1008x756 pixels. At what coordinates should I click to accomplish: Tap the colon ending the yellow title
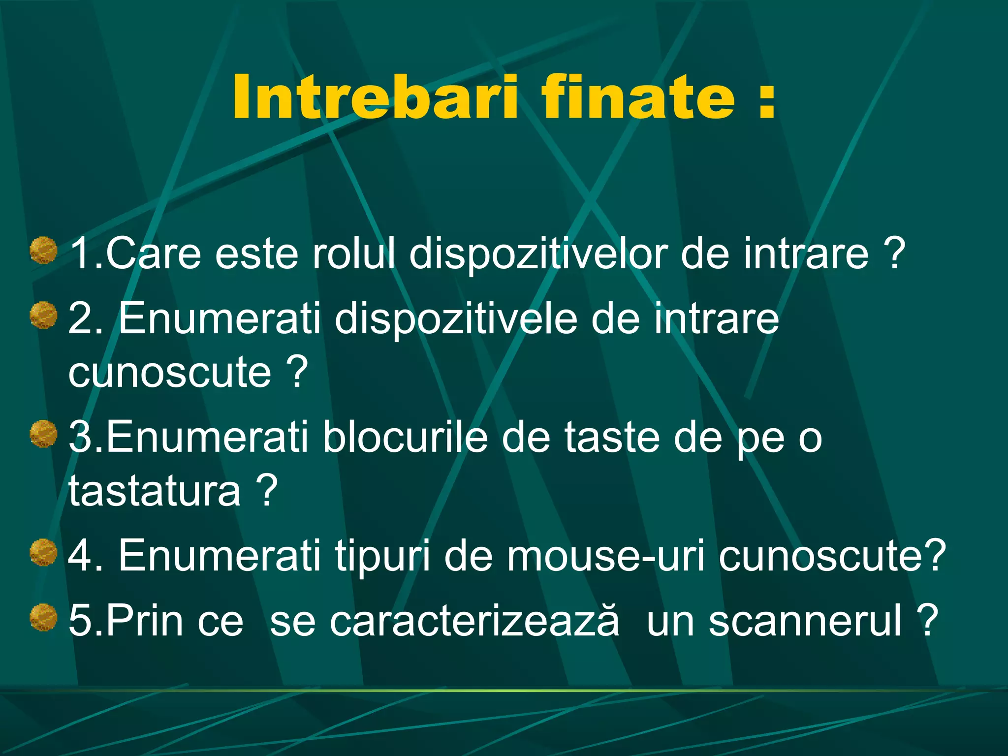point(767,101)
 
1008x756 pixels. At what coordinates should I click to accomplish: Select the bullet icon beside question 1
point(44,251)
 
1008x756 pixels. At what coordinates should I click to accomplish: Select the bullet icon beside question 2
point(44,315)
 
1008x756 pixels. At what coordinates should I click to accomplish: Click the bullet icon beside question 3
point(44,434)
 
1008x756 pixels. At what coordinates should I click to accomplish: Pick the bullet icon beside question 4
point(44,553)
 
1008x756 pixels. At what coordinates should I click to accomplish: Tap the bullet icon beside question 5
point(44,618)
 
